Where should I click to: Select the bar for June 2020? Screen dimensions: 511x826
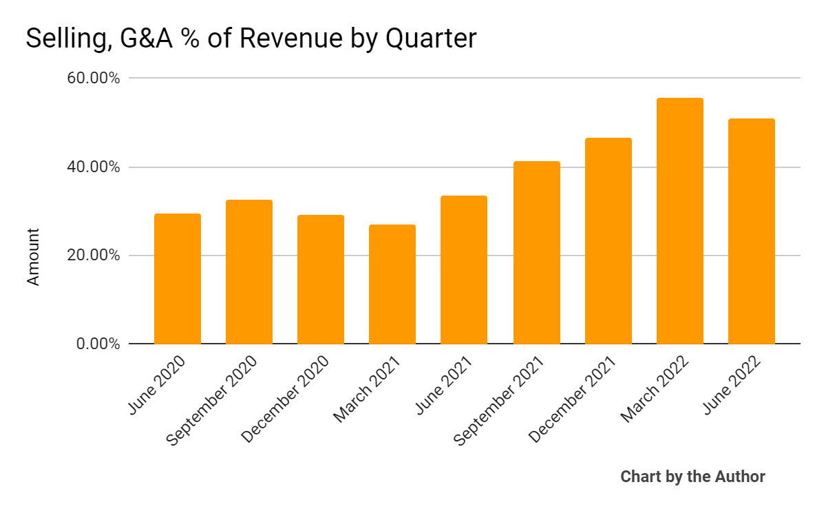178,279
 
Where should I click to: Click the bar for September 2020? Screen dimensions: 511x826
249,272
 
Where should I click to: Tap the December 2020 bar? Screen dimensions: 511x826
321,280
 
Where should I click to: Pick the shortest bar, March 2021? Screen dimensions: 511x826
392,284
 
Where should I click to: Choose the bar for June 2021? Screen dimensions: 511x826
464,270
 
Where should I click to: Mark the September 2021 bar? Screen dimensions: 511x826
536,253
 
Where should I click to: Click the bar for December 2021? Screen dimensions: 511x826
608,241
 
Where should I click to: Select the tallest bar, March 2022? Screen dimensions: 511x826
679,221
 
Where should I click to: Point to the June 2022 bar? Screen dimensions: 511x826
751,231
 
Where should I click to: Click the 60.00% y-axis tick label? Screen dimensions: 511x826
94,79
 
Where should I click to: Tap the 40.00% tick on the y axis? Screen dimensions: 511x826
94,167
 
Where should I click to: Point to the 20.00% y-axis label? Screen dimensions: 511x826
94,255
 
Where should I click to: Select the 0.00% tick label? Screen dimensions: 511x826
98,344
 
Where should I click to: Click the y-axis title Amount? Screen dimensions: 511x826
33,257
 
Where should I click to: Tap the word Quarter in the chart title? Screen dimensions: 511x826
430,39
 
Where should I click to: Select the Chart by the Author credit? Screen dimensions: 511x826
692,477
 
